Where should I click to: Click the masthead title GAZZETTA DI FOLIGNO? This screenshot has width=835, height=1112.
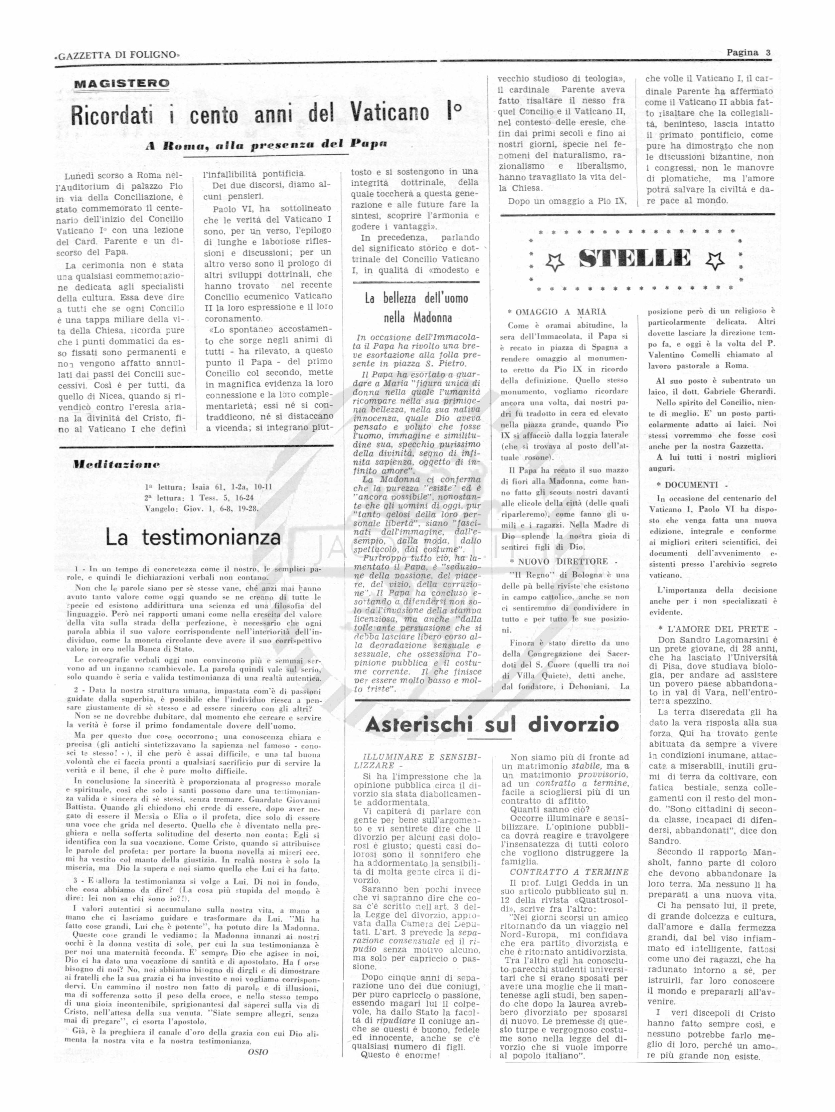[117, 55]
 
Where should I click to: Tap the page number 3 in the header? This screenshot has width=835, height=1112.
[768, 52]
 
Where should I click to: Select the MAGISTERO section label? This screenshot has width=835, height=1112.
[121, 83]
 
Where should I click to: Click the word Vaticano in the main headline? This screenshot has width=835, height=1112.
[390, 114]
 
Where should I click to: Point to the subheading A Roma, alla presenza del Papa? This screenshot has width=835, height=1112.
[267, 145]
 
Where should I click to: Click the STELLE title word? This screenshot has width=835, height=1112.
[634, 258]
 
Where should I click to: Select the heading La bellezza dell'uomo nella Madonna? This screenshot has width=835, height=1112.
[417, 308]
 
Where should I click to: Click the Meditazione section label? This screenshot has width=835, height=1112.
[116, 464]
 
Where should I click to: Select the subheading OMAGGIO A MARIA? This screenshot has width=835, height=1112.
[560, 312]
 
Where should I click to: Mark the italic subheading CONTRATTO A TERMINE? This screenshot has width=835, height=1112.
[569, 872]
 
